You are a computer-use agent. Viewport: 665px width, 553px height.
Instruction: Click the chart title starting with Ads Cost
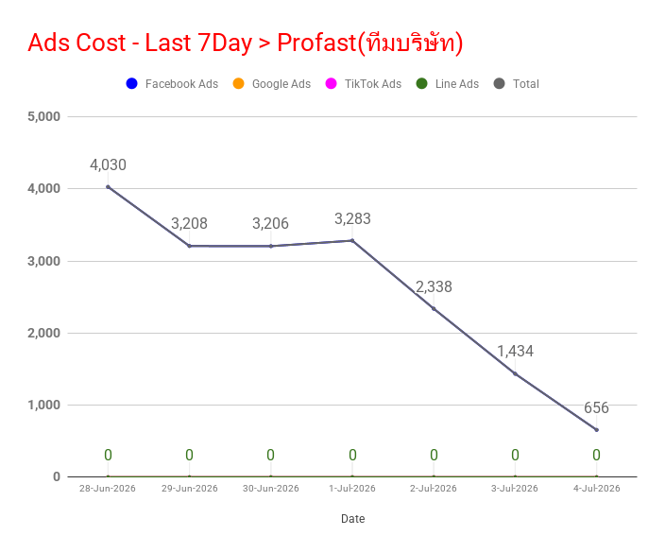tap(246, 43)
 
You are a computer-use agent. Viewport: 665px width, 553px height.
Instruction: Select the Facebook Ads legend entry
tap(172, 83)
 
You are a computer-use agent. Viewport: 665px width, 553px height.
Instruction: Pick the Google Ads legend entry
tap(272, 83)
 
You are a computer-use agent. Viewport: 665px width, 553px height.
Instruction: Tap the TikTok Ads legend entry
tap(364, 83)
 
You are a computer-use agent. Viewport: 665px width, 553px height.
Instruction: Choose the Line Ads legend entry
tap(448, 83)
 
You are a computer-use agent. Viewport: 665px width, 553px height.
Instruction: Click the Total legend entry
tap(517, 83)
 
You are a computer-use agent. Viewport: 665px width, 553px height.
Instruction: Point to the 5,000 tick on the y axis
tap(44, 116)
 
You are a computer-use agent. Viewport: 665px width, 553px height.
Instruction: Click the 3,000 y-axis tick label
tap(44, 261)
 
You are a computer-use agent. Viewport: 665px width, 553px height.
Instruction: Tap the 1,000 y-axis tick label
tap(44, 405)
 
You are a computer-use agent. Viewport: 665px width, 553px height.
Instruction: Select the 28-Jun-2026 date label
tap(108, 489)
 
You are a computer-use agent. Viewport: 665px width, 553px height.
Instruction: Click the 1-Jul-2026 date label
tap(352, 489)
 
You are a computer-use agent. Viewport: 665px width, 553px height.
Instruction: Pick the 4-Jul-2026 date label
tap(597, 489)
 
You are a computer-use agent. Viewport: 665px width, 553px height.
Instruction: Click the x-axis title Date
tap(353, 519)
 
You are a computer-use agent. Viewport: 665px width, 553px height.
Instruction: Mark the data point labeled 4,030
tap(108, 187)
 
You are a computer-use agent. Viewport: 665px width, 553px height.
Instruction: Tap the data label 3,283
tap(352, 219)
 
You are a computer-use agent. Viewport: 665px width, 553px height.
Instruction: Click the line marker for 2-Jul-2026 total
tap(434, 308)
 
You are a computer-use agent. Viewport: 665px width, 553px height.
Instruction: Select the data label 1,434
tap(516, 352)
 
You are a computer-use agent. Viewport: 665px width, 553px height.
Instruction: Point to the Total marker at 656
tap(597, 430)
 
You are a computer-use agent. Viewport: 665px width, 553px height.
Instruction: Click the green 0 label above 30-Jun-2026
tap(270, 455)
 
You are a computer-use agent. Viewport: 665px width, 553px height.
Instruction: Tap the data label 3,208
tap(189, 224)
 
